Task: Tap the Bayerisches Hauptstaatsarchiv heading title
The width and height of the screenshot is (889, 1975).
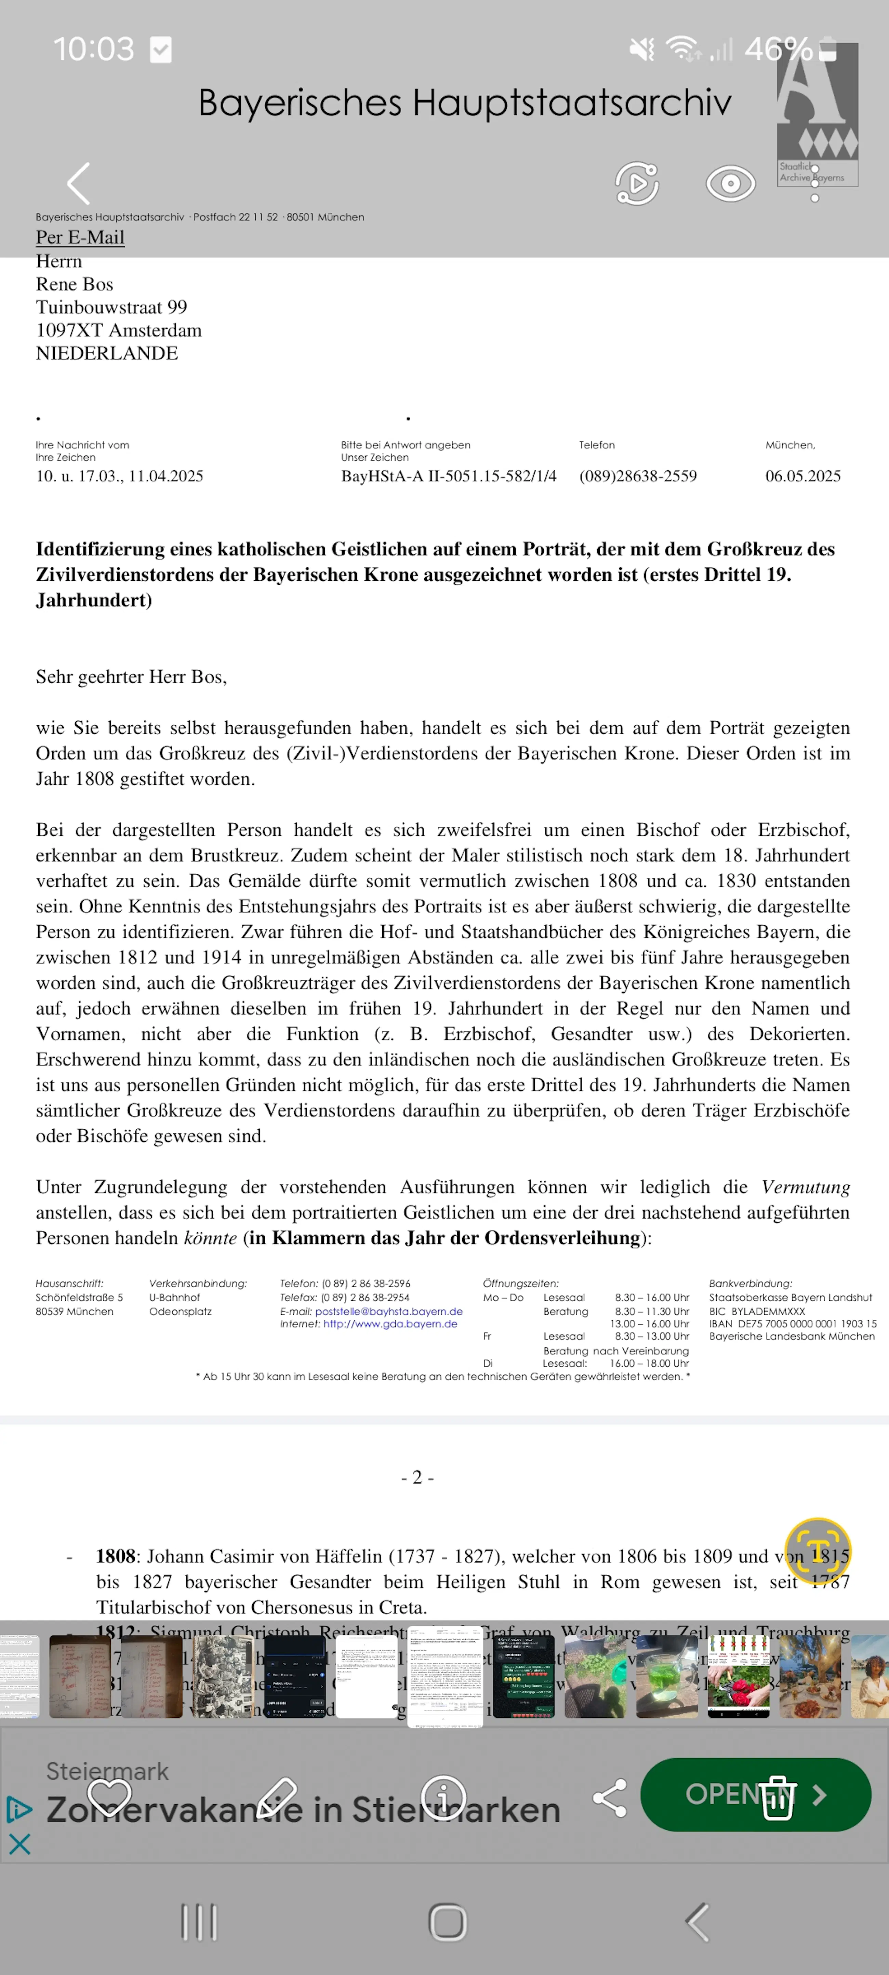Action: tap(465, 103)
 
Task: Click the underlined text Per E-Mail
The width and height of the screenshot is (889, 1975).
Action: tap(80, 238)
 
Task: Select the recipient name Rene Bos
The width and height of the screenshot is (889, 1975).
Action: tap(75, 284)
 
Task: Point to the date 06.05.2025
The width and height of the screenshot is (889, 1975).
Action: tap(802, 476)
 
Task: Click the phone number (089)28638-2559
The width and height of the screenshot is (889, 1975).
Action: tap(637, 476)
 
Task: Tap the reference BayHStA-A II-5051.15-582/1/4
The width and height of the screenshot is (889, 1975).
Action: tap(449, 476)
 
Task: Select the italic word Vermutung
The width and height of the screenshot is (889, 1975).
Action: tap(805, 1187)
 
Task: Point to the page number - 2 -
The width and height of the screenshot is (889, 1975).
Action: tap(417, 1477)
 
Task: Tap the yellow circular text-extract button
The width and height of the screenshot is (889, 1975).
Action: tap(818, 1550)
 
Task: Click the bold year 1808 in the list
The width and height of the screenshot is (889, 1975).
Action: tap(115, 1556)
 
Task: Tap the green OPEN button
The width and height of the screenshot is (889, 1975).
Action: tap(756, 1795)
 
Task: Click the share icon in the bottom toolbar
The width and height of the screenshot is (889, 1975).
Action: tap(610, 1798)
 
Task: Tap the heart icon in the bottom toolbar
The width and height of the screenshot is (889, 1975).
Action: tap(110, 1796)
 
